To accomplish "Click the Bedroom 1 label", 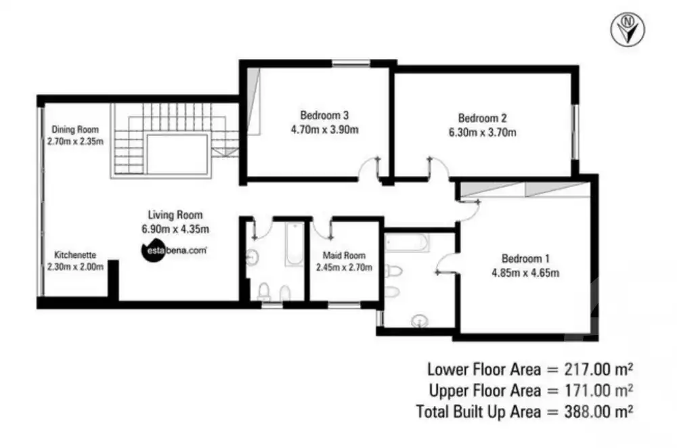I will click(525, 259).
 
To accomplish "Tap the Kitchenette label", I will click(75, 255).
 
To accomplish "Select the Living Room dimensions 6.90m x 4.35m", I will click(175, 229).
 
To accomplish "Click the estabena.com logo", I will click(174, 250).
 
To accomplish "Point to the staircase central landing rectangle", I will click(177, 154).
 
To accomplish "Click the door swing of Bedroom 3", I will click(370, 166).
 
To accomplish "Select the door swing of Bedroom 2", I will click(437, 166).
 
